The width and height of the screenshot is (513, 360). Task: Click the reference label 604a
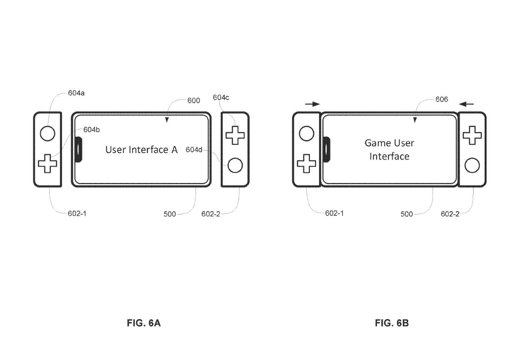[x=76, y=93]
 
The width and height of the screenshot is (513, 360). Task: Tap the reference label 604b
[x=91, y=129]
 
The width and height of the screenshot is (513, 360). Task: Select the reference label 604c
[x=221, y=98]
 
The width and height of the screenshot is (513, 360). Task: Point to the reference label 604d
[x=194, y=150]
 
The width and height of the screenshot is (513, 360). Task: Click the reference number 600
[x=194, y=101]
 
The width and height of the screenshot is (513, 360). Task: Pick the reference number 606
[x=442, y=99]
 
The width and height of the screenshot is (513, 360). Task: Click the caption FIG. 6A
[x=144, y=323]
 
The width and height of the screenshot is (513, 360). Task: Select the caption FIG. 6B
[x=392, y=323]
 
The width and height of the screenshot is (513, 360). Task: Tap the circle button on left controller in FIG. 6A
[x=47, y=133]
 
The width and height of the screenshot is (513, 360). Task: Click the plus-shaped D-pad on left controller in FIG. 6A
[x=47, y=163]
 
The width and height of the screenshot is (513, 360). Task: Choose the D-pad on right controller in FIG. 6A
[x=235, y=135]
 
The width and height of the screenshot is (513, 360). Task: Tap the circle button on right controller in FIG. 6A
[x=235, y=166]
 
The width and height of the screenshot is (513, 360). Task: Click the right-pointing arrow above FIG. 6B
[x=313, y=104]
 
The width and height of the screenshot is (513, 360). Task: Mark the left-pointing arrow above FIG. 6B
[x=466, y=103]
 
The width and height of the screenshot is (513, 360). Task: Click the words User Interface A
[x=141, y=150]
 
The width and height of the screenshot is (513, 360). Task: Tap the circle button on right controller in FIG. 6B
[x=472, y=165]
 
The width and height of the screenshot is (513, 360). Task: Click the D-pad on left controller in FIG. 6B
[x=307, y=164]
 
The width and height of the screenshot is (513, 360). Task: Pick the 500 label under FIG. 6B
[x=406, y=214]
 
